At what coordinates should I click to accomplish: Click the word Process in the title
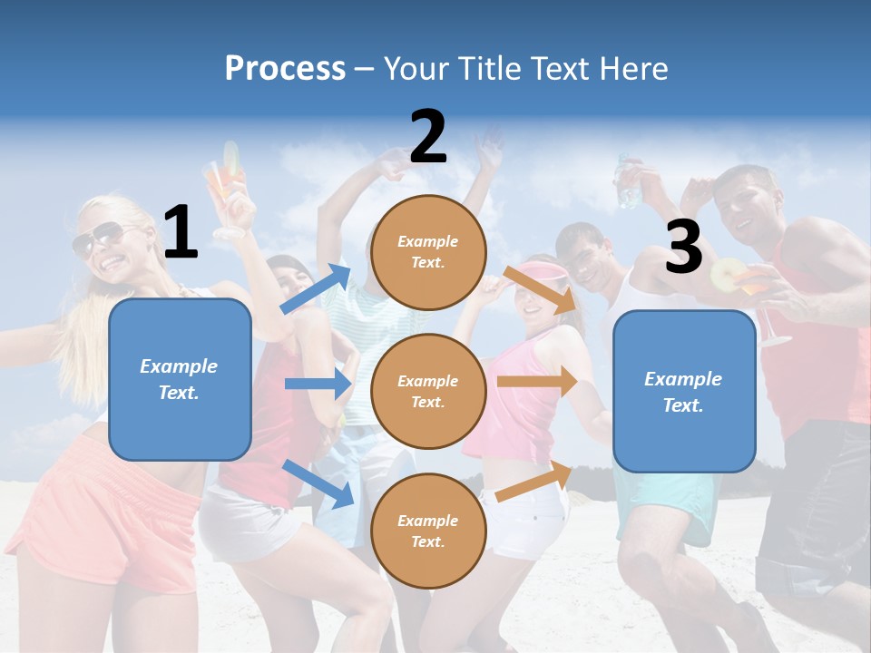click(285, 69)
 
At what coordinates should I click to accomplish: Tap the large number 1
click(181, 233)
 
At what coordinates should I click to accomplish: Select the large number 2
click(428, 137)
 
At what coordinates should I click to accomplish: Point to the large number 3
click(683, 247)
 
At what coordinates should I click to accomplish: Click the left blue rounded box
click(180, 379)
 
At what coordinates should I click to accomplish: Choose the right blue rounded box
click(684, 392)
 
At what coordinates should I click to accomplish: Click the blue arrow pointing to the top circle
click(315, 289)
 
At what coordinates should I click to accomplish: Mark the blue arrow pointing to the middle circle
click(318, 384)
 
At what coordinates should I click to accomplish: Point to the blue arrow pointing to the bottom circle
click(318, 482)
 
